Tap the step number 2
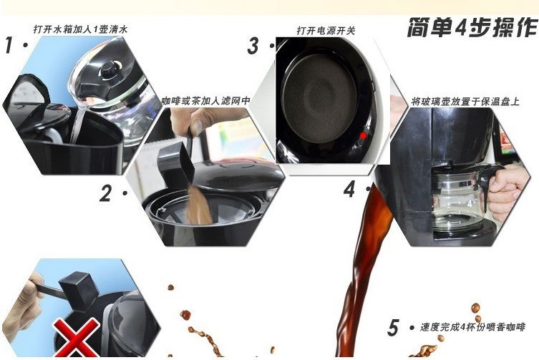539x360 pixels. pyautogui.click(x=106, y=193)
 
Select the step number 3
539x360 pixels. pyautogui.click(x=253, y=47)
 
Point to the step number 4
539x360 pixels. pyautogui.click(x=349, y=189)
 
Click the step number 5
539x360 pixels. pyautogui.click(x=393, y=328)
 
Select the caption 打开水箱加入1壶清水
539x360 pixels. pyautogui.click(x=81, y=29)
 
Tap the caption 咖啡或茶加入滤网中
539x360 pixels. pyautogui.click(x=205, y=101)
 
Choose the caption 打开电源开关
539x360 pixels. pyautogui.click(x=326, y=31)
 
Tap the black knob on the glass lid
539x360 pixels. pyautogui.click(x=110, y=70)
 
